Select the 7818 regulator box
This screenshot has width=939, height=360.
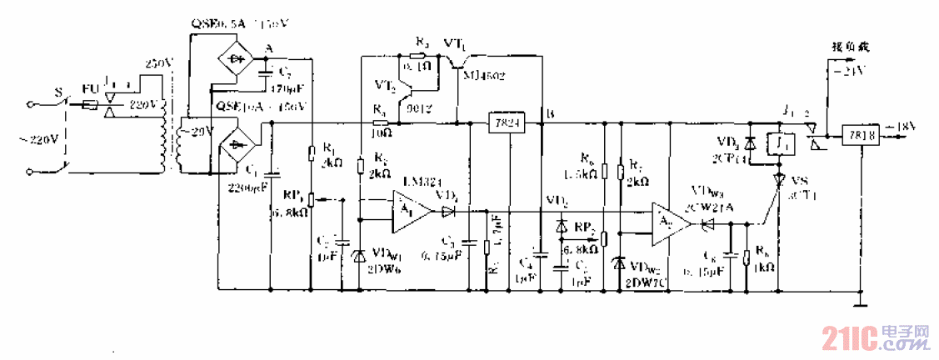click(x=858, y=132)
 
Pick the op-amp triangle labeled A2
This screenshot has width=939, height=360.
click(x=671, y=224)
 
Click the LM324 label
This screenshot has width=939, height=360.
click(x=418, y=182)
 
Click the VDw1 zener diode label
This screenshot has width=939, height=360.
click(x=385, y=251)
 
